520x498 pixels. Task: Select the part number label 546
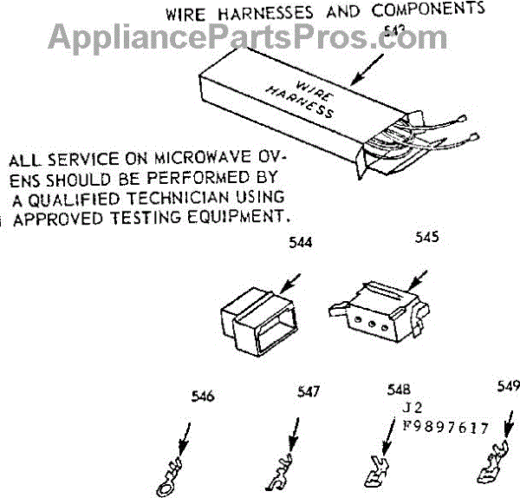[201, 398]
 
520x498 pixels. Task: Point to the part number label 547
[308, 392]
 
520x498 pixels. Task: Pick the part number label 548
[400, 390]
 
